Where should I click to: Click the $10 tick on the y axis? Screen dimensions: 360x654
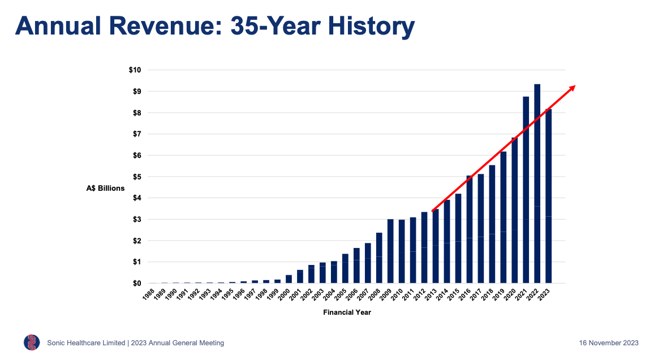(x=135, y=70)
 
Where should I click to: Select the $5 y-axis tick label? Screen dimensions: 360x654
(x=136, y=177)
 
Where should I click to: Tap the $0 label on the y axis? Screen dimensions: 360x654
(x=136, y=283)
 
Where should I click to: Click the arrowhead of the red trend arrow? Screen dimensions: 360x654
(x=573, y=87)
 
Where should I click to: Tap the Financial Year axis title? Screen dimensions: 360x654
(x=347, y=312)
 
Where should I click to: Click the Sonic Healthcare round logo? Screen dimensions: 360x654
(x=32, y=342)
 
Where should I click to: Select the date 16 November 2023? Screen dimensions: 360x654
(x=609, y=343)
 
